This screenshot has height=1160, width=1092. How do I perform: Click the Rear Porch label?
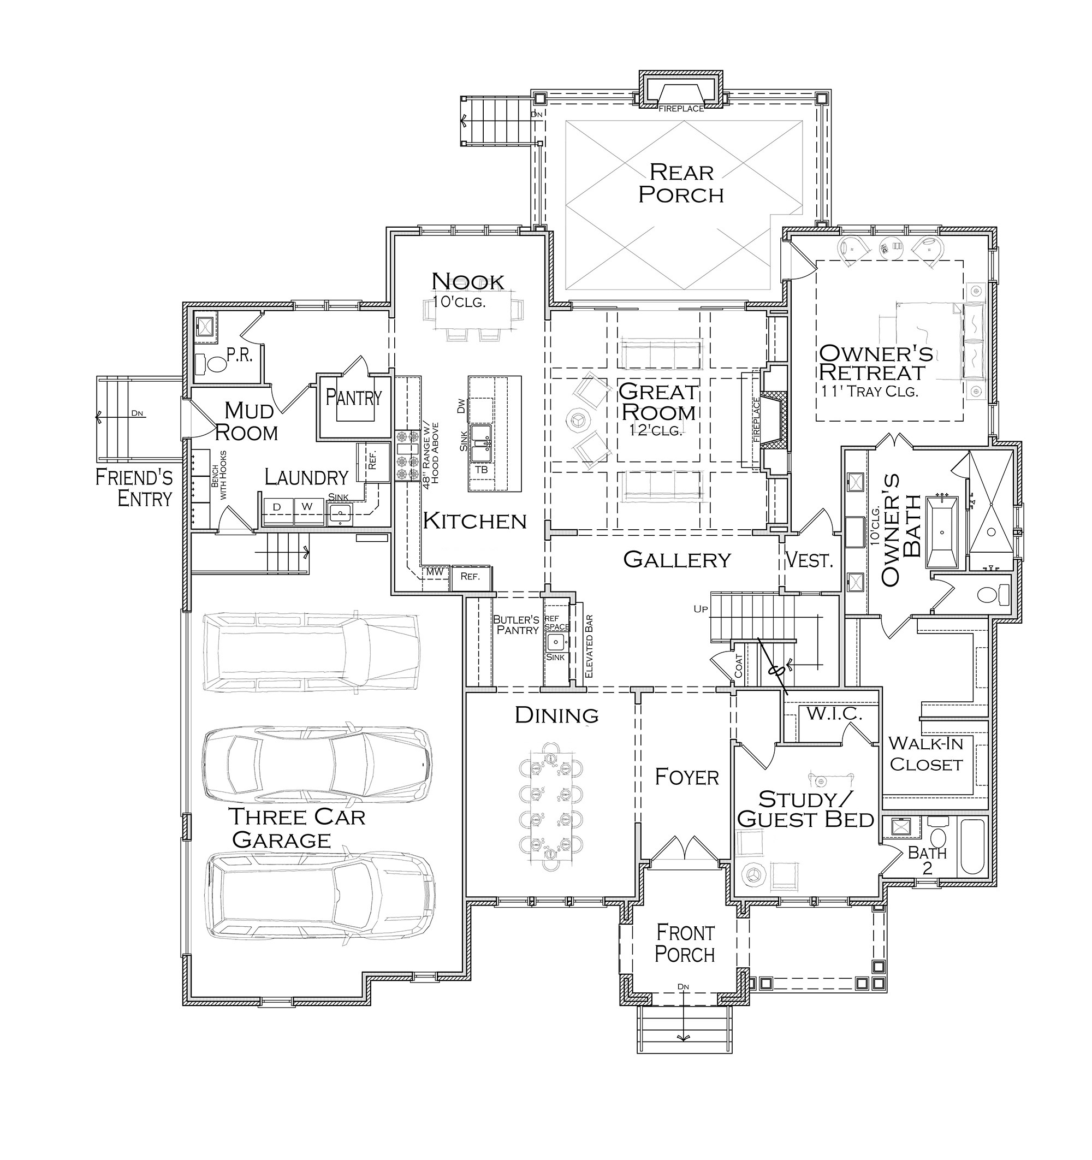(x=681, y=183)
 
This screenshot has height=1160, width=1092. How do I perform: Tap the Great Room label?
(x=658, y=401)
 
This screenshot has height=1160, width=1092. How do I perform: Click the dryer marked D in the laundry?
(x=278, y=506)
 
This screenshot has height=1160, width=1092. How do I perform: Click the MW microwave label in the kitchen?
(x=435, y=572)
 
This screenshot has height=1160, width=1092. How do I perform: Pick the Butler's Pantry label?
(x=517, y=624)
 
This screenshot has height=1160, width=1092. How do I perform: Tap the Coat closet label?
(x=739, y=666)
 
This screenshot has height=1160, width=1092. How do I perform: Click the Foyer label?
(x=686, y=777)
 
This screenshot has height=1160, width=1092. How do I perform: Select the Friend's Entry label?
(x=135, y=488)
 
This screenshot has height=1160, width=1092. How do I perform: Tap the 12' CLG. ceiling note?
(x=656, y=430)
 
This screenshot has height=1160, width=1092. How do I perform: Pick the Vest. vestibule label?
(x=809, y=560)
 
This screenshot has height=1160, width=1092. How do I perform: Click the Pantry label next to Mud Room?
(x=353, y=398)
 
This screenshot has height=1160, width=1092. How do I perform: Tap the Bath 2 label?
(x=927, y=860)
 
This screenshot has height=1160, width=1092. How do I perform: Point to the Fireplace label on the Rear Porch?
(x=681, y=109)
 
